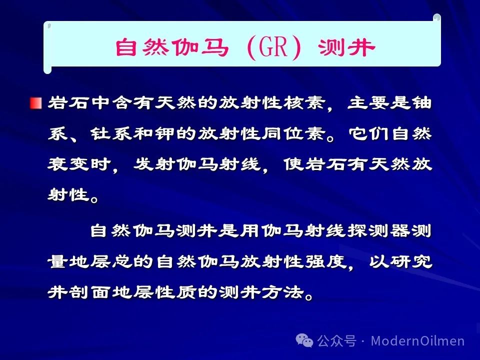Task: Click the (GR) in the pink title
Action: pos(274,47)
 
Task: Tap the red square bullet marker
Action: pos(36,103)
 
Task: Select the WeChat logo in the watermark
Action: pos(304,340)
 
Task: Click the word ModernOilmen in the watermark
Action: pos(418,340)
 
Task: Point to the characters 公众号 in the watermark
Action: pos(336,340)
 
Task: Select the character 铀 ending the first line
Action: pos(421,103)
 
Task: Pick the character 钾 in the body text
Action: pos(164,134)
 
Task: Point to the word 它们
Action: pos(369,134)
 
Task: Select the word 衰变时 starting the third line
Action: pos(79,164)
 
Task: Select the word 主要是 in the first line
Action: pos(379,103)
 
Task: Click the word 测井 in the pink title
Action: pos(346,48)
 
